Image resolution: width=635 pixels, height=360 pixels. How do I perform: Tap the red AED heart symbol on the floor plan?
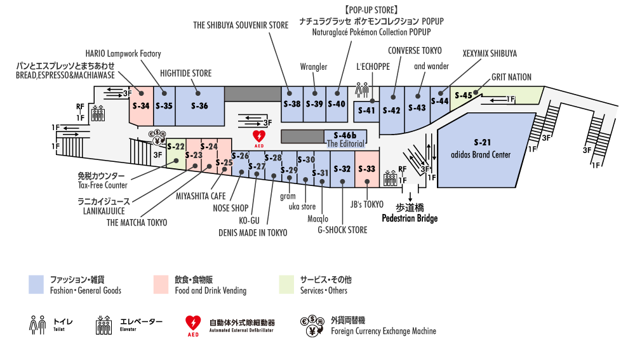click(x=259, y=137)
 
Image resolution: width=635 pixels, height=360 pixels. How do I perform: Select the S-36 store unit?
click(x=199, y=106)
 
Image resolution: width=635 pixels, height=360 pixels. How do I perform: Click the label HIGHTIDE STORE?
click(x=185, y=73)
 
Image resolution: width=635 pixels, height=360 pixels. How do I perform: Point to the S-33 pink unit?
click(x=367, y=169)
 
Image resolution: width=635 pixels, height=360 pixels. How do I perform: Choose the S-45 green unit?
click(x=464, y=96)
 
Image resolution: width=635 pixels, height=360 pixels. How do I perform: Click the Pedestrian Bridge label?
click(x=409, y=218)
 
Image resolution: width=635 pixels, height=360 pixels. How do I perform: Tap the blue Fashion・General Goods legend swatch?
click(x=36, y=284)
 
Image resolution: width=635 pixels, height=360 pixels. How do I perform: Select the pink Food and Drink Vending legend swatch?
click(x=161, y=284)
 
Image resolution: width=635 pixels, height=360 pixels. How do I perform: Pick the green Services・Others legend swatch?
click(x=286, y=284)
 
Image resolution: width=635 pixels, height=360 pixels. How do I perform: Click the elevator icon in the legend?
click(x=104, y=325)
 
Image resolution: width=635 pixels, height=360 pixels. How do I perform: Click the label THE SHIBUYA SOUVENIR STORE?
click(x=241, y=25)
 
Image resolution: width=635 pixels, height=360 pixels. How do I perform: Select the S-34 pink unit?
click(x=141, y=106)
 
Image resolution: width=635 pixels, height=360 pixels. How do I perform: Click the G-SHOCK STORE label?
click(x=342, y=230)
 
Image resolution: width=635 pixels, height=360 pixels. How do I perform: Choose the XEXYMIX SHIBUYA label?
click(x=490, y=53)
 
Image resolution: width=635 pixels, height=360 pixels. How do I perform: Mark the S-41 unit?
click(x=366, y=110)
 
